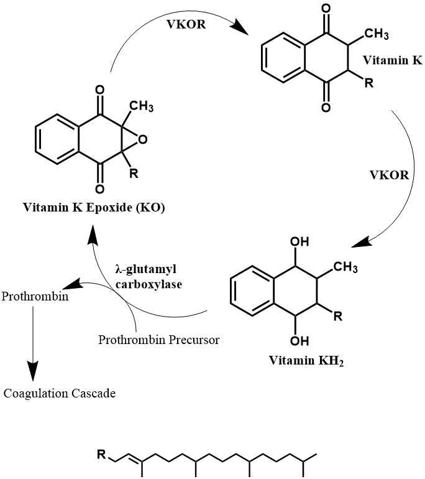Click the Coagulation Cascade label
coord(60,393)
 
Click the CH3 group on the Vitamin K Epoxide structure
coord(141,106)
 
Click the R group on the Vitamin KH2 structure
coord(337,317)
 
